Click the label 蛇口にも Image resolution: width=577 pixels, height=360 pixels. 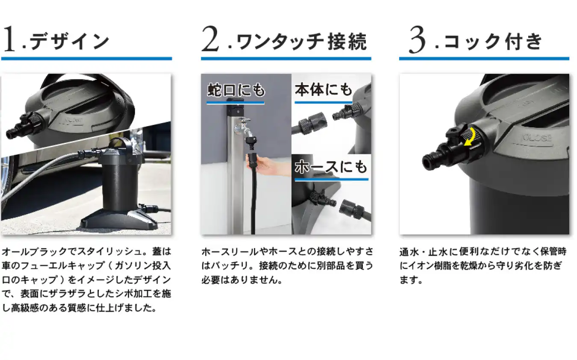coord(236,90)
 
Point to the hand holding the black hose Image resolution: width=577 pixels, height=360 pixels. coord(262,164)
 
